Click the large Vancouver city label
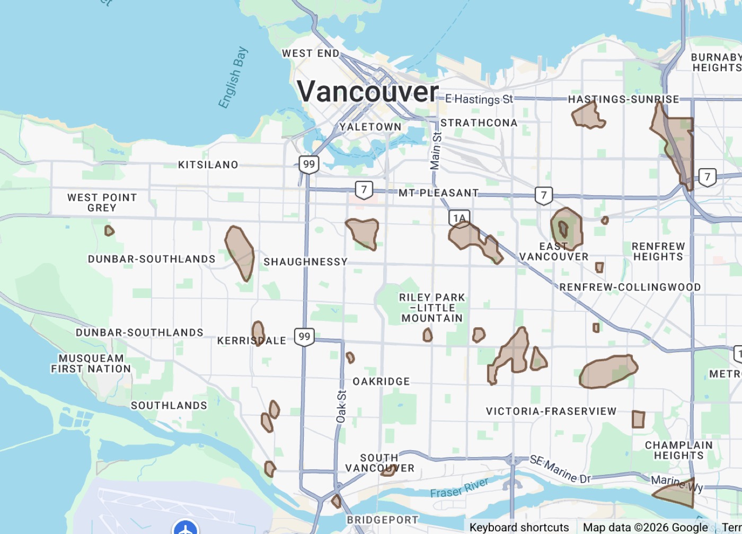tap(368, 91)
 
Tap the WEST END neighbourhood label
tap(311, 53)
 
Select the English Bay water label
tap(233, 78)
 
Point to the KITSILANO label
tap(208, 165)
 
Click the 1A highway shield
tap(459, 218)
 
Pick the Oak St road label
tap(341, 407)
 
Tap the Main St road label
tap(436, 151)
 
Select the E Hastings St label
tap(479, 99)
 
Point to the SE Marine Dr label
tap(560, 469)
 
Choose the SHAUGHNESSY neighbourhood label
tap(305, 262)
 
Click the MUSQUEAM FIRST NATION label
tap(91, 364)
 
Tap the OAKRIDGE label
tap(381, 381)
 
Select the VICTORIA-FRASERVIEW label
tap(551, 412)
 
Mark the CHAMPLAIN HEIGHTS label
tap(678, 450)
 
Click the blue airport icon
tap(185, 529)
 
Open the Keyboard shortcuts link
tap(519, 527)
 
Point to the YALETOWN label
tap(370, 127)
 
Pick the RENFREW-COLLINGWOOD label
tap(630, 287)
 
